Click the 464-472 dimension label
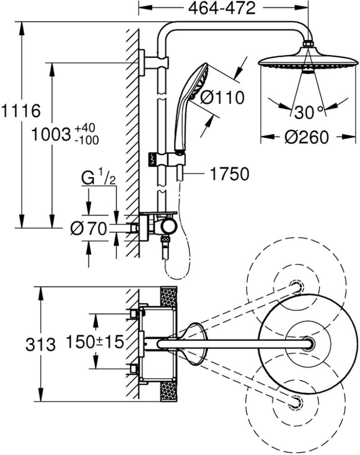(x=222, y=8)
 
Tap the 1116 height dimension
(x=21, y=111)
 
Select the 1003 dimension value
(x=51, y=135)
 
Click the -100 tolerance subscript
(x=86, y=140)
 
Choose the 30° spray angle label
(x=309, y=112)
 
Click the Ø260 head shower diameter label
(x=306, y=136)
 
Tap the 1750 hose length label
(x=229, y=174)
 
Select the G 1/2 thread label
(x=99, y=178)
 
